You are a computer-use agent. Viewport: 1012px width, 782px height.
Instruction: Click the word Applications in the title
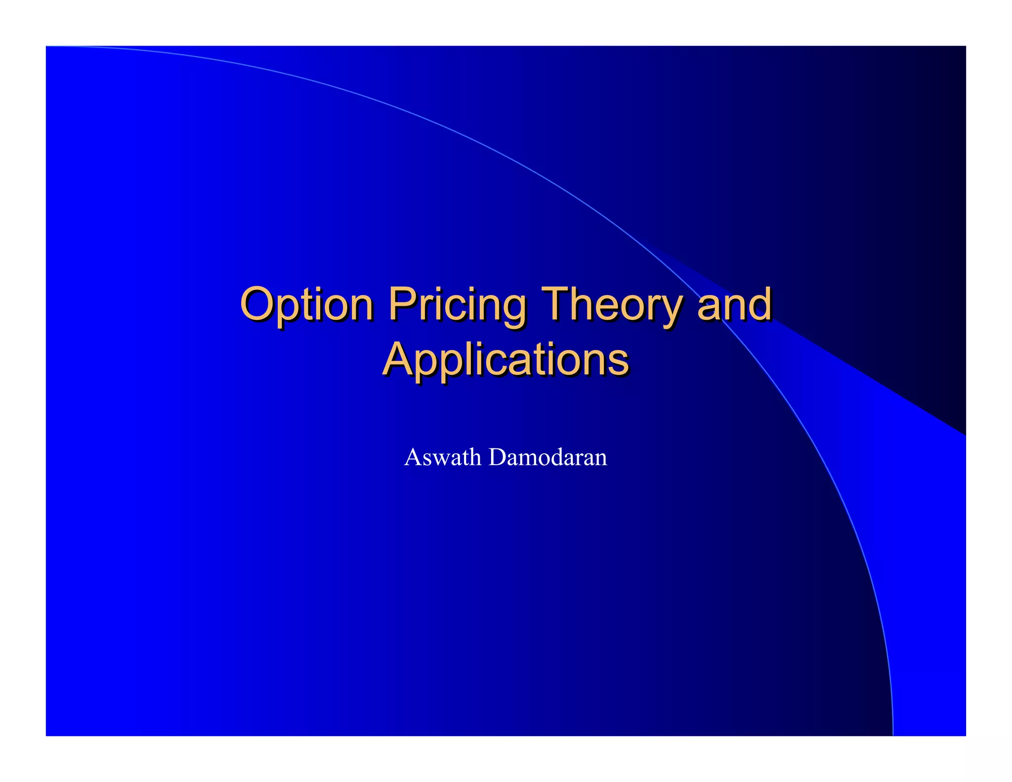click(506, 360)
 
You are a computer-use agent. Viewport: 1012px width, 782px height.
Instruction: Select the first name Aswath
click(442, 457)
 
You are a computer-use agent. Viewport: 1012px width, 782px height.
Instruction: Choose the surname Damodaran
click(548, 457)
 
